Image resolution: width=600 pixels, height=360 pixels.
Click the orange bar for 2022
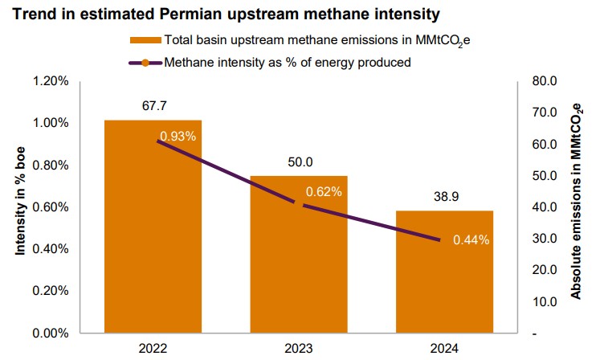coord(153,241)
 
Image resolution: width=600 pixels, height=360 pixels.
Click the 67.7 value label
coord(153,106)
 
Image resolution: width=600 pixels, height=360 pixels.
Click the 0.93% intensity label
coord(178,136)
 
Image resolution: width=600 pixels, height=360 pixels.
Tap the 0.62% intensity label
coord(324,192)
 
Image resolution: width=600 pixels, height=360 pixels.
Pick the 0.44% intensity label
coord(471,239)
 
